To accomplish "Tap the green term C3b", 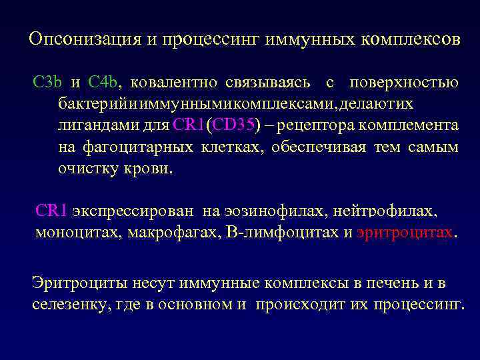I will coord(47,83).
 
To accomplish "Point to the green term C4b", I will coord(103,83).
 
